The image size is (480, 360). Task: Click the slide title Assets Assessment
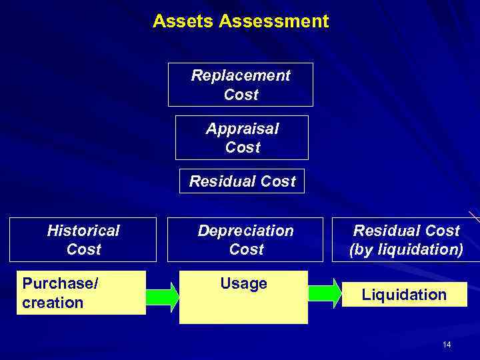point(241,21)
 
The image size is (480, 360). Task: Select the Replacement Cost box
point(240,85)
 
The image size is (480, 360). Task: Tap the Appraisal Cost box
point(242,137)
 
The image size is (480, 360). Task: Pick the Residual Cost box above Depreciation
point(242,181)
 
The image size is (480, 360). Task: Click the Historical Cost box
point(83,240)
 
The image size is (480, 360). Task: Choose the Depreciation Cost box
point(245,240)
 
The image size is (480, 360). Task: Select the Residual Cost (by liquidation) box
point(406,240)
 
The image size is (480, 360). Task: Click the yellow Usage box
point(243,297)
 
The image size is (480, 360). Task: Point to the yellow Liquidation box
point(404,295)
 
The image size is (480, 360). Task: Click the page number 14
point(447,344)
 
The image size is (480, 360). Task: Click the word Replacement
point(241,75)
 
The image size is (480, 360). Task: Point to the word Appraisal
point(242,128)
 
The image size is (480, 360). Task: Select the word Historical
point(83,231)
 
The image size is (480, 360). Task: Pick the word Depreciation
point(245,231)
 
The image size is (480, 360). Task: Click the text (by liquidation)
point(406,249)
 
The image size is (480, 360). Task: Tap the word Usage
point(243,284)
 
